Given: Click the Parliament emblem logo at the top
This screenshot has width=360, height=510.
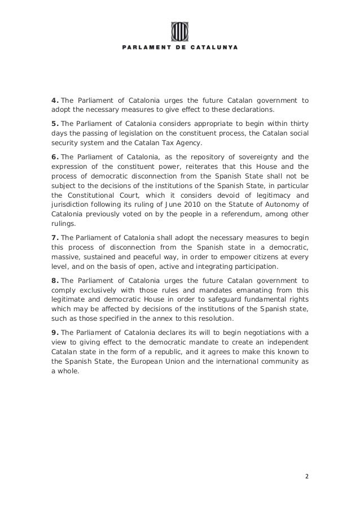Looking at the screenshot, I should click(x=179, y=30).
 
